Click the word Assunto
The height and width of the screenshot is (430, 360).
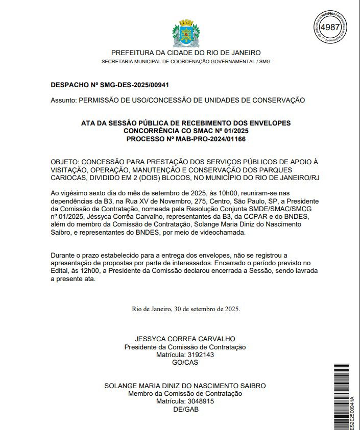63,100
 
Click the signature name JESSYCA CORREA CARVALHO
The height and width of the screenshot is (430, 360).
185,339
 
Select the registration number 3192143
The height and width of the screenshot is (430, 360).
200,355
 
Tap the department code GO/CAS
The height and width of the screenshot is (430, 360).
185,363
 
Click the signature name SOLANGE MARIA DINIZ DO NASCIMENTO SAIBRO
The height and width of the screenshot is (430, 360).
185,386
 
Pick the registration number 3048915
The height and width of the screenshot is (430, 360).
200,401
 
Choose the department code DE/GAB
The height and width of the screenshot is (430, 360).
185,409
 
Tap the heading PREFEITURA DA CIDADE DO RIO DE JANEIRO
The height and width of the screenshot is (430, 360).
186,53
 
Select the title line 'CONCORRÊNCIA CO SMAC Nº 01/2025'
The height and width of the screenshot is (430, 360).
186,131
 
